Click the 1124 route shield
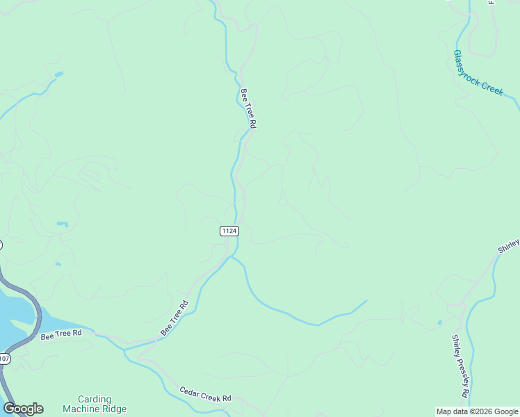230,231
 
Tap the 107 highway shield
4,359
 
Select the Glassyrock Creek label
478,72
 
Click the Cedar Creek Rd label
205,395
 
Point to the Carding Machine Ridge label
95,404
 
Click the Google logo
23,409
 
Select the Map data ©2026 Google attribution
478,411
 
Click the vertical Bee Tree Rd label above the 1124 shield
248,108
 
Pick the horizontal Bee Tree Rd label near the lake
61,335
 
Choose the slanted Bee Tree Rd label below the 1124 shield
174,318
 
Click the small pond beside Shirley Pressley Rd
439,322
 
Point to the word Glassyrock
468,65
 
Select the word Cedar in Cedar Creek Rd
190,391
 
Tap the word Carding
95,399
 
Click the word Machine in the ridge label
81,409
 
